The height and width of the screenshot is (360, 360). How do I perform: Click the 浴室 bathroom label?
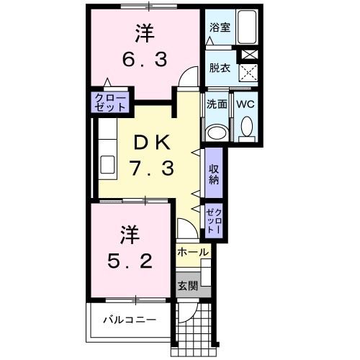220,28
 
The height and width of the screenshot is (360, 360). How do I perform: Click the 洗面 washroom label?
217,103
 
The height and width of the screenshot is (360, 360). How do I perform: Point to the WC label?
246,103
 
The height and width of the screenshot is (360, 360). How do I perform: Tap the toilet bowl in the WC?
246,128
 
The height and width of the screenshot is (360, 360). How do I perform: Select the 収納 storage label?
214,174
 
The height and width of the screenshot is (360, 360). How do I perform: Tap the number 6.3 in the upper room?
144,59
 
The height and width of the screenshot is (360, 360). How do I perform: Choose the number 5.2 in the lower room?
131,261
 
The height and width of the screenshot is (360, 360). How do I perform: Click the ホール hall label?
193,252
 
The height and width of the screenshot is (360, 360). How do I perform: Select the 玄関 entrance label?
189,284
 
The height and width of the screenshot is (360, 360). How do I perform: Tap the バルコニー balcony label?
129,319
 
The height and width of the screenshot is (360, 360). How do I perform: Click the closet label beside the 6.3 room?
110,102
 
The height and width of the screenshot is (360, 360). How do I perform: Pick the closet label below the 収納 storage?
214,220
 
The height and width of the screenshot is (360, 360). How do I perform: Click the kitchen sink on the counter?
107,165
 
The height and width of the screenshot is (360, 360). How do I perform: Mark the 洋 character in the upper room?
145,32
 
